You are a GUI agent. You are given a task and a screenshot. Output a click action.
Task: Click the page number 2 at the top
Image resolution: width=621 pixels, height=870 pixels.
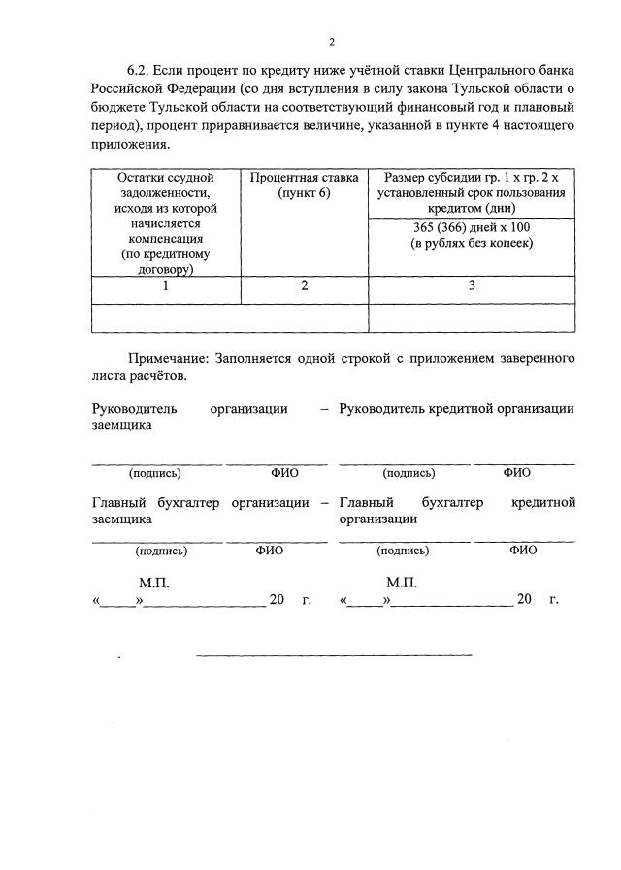tap(331, 42)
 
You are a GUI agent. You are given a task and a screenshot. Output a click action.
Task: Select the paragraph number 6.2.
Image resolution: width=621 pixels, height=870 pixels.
tap(141, 71)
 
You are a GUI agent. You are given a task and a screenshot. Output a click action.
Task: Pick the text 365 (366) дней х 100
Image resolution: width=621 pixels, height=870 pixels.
tap(471, 227)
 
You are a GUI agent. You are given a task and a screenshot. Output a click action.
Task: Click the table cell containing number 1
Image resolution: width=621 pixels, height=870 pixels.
tap(165, 286)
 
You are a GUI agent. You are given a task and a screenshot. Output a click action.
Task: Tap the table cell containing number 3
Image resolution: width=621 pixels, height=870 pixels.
tap(471, 286)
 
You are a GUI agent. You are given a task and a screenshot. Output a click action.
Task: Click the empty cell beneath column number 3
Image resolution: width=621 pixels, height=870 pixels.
tap(471, 318)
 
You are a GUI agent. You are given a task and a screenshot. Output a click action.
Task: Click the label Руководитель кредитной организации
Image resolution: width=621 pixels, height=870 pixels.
tap(456, 409)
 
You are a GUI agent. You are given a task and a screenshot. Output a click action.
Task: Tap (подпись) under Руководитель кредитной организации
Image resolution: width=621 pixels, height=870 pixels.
tap(409, 473)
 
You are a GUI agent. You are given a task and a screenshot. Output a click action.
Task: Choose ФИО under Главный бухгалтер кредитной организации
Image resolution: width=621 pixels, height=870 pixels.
tap(522, 550)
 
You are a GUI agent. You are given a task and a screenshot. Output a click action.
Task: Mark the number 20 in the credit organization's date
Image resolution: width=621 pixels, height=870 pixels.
tap(525, 600)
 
